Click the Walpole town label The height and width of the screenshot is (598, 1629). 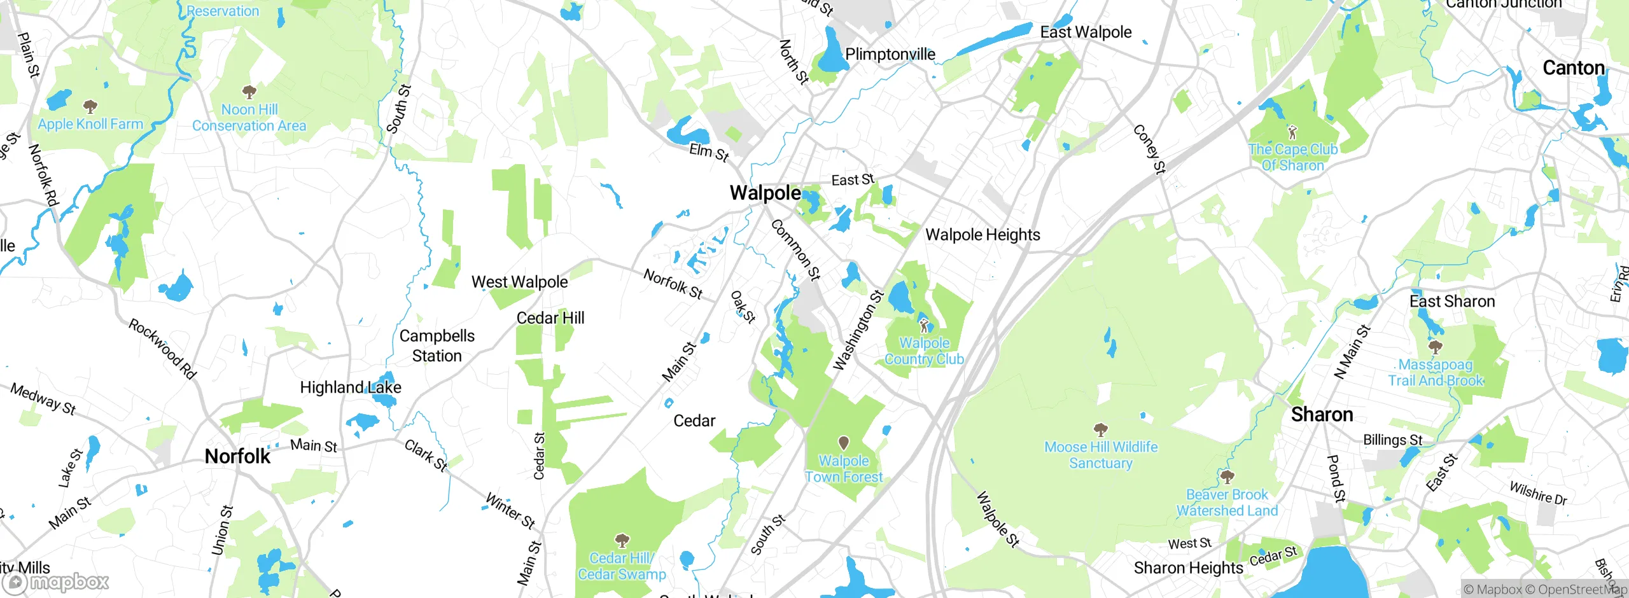(x=765, y=193)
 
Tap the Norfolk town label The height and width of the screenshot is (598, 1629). (x=237, y=456)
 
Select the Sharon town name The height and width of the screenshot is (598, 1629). (x=1322, y=415)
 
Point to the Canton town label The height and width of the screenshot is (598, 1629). (x=1573, y=68)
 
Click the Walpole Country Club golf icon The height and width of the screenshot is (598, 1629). (x=924, y=324)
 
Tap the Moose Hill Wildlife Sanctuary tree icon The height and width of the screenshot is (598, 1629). (x=1100, y=429)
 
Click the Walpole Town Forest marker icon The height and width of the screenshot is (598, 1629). (x=844, y=442)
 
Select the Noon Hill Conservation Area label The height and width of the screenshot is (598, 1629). (x=249, y=118)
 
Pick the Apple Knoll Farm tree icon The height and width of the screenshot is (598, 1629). (x=90, y=106)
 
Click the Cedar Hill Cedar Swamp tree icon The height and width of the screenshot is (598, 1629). (x=622, y=541)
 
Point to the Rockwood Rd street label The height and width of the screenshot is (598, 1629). (x=162, y=349)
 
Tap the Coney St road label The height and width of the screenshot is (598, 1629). (x=1149, y=149)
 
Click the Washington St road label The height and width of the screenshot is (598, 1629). (x=858, y=330)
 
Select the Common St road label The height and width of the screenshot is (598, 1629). (x=795, y=249)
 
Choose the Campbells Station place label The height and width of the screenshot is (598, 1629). (x=437, y=345)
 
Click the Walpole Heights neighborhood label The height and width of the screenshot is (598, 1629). (x=982, y=235)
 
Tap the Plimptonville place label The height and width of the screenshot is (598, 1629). (x=890, y=55)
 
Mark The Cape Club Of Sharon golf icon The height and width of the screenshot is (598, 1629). (x=1292, y=132)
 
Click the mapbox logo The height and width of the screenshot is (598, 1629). (x=56, y=582)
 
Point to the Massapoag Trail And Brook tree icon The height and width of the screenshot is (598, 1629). (x=1435, y=347)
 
